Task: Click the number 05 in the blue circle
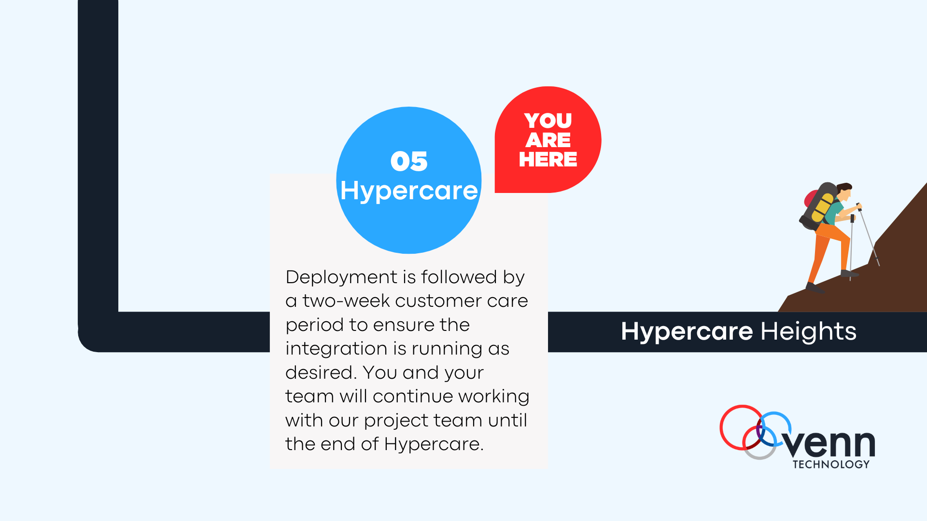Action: coord(408,161)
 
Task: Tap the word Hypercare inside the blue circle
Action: coord(408,191)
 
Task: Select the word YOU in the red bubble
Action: coord(548,121)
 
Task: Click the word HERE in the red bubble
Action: coord(548,159)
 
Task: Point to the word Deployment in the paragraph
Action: coord(341,277)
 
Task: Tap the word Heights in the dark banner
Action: coord(808,331)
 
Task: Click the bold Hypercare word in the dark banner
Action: coord(687,331)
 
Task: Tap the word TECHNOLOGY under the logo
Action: coord(831,465)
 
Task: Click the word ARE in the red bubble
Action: coord(548,140)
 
